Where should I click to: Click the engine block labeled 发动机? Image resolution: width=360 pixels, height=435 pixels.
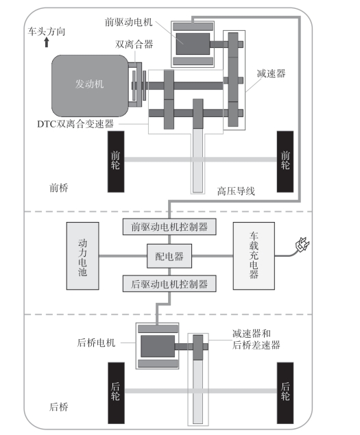(x=90, y=86)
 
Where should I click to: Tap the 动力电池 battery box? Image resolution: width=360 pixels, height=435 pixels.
(x=82, y=256)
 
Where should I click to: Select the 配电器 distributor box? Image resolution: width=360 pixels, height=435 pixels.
(x=169, y=256)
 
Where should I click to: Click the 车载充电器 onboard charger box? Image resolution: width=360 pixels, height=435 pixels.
(x=254, y=256)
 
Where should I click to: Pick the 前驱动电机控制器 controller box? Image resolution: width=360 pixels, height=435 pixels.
(x=169, y=227)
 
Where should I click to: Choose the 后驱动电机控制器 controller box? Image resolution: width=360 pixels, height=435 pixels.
(x=169, y=284)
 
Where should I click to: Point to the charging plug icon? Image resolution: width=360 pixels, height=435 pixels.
(x=302, y=245)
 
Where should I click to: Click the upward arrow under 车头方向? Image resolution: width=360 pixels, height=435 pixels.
(x=47, y=42)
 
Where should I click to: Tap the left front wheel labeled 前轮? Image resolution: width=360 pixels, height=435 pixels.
(x=116, y=162)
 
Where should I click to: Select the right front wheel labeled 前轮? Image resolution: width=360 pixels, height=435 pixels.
(x=285, y=162)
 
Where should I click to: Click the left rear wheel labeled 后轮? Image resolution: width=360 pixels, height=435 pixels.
(x=116, y=393)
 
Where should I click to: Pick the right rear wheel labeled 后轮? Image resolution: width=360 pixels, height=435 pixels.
(x=285, y=393)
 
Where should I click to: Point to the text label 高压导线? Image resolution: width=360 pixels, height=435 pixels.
(x=236, y=191)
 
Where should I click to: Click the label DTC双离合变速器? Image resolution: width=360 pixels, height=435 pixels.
(x=75, y=124)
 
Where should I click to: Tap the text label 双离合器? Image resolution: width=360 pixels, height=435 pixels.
(x=134, y=44)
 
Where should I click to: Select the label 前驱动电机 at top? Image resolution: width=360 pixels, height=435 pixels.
(x=128, y=22)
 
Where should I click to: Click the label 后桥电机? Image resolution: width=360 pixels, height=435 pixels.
(x=96, y=343)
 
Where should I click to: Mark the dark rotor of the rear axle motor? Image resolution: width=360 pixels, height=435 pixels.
(x=158, y=346)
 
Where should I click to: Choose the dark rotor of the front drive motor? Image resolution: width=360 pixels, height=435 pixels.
(x=193, y=44)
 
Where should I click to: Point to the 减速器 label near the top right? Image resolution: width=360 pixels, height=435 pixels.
(x=271, y=73)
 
